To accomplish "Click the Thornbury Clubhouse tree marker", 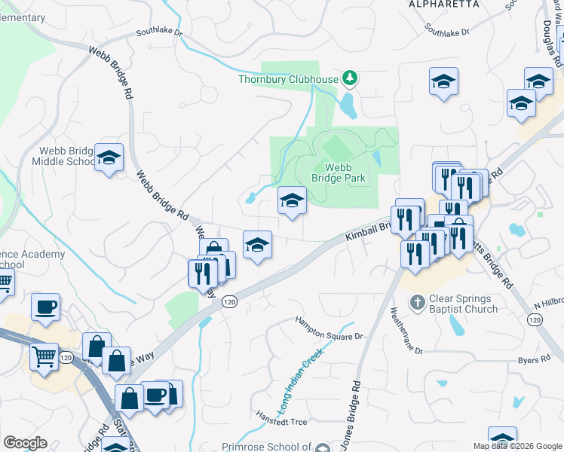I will (x=349, y=78).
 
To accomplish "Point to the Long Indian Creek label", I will (x=301, y=380).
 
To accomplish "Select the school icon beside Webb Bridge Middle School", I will (x=109, y=158).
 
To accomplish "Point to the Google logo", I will (x=24, y=442).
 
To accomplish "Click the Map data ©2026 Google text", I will (x=517, y=446).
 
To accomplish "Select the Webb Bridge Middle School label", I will (x=63, y=156).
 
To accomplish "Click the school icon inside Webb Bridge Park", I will (x=292, y=200).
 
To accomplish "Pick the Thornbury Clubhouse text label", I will (x=288, y=78).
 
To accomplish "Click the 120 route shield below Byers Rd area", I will (x=535, y=320).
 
